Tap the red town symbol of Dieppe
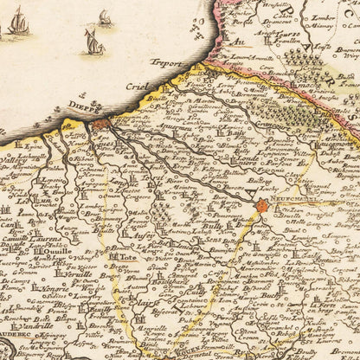tap(99, 125)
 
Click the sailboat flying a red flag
tap(92, 41)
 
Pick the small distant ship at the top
tap(105, 16)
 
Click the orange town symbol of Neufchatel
tap(264, 206)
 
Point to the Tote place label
tap(127, 257)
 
